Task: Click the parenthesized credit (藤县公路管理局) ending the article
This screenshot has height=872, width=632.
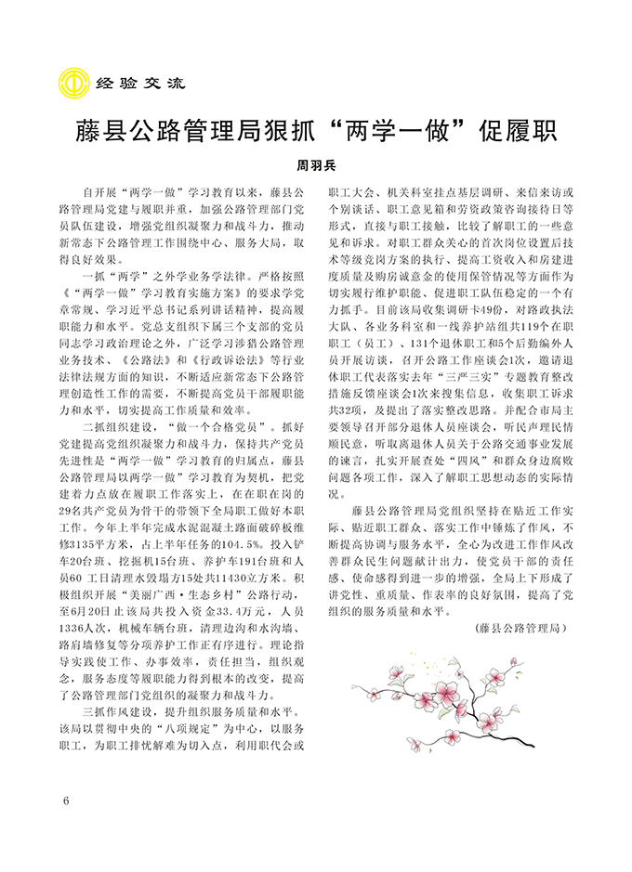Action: tap(520, 629)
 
